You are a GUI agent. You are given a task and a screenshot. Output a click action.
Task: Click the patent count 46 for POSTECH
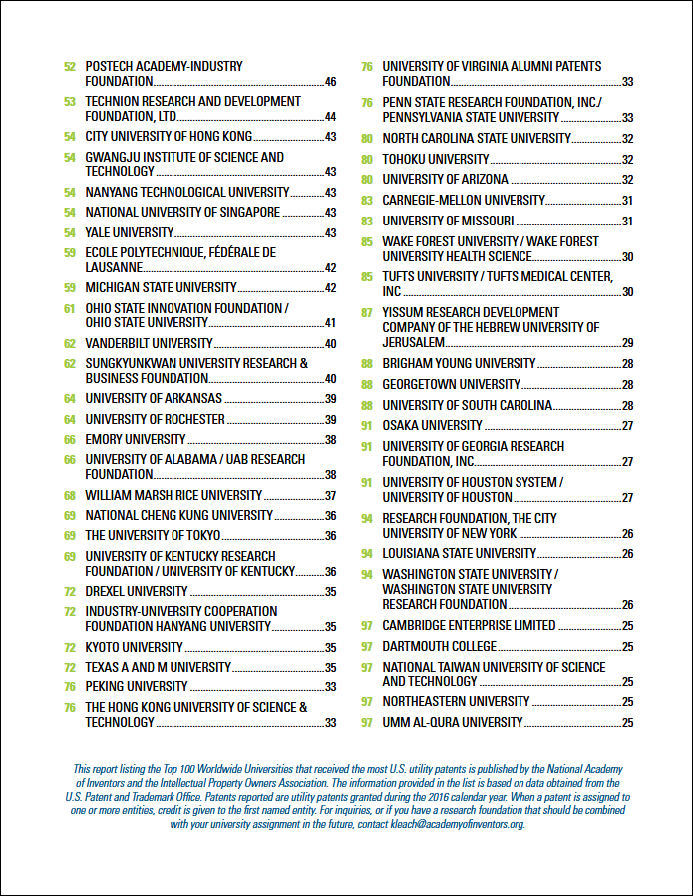tap(330, 82)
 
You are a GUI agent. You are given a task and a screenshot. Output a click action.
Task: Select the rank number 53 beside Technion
tap(70, 102)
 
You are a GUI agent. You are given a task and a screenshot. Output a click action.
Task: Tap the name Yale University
tap(129, 232)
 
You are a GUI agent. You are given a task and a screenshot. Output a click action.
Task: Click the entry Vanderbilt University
tap(149, 343)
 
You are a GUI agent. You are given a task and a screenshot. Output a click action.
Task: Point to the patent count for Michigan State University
tap(330, 288)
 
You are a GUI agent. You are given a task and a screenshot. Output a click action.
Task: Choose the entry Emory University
tap(136, 439)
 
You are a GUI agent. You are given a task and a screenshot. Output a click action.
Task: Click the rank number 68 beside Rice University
tap(70, 496)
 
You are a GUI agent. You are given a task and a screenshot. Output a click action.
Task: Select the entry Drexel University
tap(137, 591)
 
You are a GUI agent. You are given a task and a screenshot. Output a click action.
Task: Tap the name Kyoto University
tap(135, 647)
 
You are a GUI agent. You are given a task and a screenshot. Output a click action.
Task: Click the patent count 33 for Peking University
tap(330, 687)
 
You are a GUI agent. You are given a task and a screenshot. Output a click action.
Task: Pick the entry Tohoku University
tap(436, 159)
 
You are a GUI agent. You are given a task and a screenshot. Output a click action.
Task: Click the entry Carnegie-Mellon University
tap(464, 200)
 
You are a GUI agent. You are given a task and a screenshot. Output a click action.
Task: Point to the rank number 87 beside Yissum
tap(367, 313)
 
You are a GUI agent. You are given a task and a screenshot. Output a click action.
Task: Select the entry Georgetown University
tap(452, 384)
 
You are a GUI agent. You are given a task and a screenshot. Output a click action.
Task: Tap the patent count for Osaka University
tap(628, 426)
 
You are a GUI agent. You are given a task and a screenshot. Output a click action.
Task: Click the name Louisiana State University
tap(460, 553)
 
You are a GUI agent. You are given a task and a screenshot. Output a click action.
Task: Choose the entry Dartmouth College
tap(440, 646)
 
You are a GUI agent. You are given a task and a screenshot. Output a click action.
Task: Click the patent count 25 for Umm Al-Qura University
tap(628, 723)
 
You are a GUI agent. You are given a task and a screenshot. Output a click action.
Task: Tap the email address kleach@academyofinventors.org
tap(458, 824)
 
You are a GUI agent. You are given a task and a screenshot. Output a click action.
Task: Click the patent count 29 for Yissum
tap(628, 343)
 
